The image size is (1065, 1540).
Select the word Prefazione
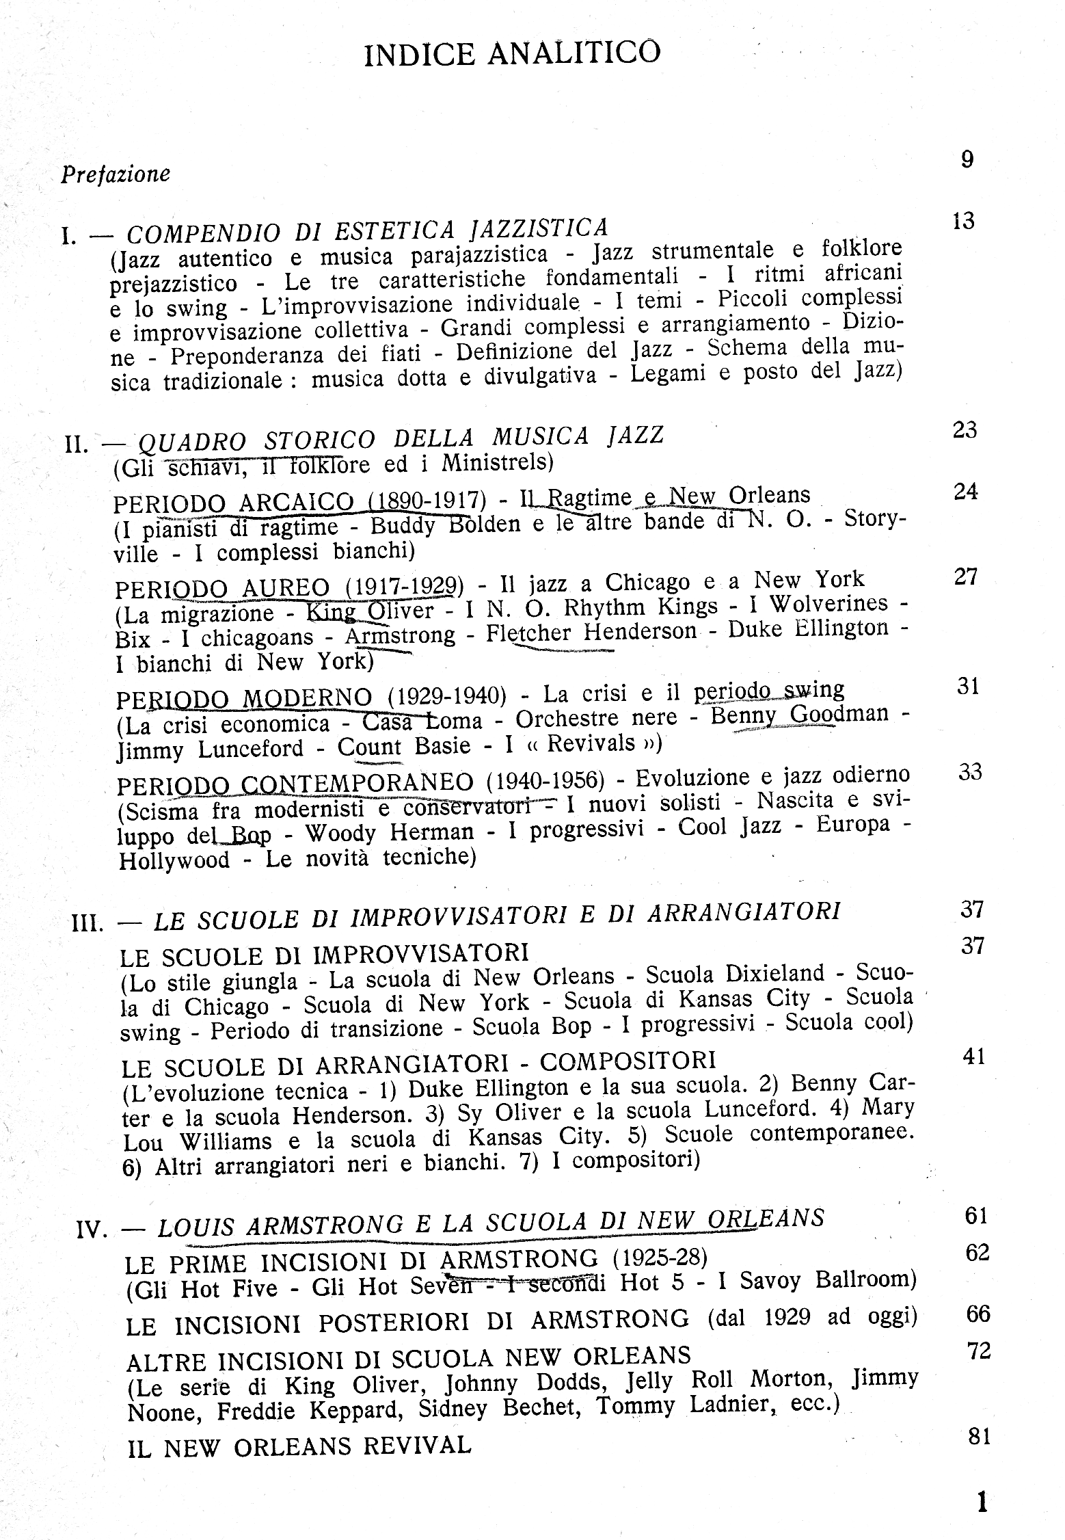(x=116, y=174)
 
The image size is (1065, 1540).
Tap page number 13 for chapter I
(x=962, y=221)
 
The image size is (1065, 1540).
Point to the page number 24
(x=965, y=492)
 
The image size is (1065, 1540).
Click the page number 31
(x=968, y=686)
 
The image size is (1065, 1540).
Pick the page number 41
(x=973, y=1057)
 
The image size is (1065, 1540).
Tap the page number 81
(x=980, y=1437)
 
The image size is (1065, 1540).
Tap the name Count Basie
(x=404, y=745)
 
